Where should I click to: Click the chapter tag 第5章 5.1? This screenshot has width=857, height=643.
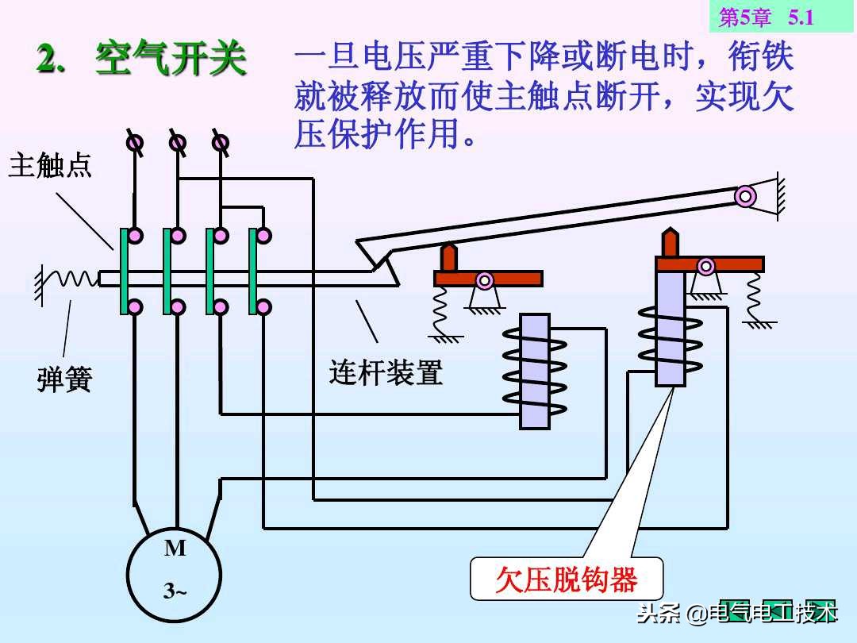coord(766,17)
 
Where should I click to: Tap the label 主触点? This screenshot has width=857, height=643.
coord(50,166)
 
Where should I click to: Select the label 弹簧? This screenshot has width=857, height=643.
coord(64,379)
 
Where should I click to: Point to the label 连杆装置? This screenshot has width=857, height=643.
coord(386,372)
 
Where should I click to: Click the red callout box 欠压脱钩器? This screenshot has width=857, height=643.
coord(567,580)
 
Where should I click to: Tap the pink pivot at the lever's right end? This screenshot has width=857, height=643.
coord(744,195)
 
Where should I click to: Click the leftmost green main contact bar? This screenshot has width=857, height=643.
coord(125,271)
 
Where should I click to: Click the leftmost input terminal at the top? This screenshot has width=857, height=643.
coord(136,143)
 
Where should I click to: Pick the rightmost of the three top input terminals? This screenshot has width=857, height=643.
coord(221,143)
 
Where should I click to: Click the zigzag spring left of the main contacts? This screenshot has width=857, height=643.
coord(72,278)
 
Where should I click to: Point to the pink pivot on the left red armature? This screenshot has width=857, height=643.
coord(484,279)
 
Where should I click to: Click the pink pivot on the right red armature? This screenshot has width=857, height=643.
coord(705,266)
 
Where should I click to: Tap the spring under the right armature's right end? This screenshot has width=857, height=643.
coord(755,298)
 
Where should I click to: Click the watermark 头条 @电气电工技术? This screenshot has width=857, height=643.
coord(737,614)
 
